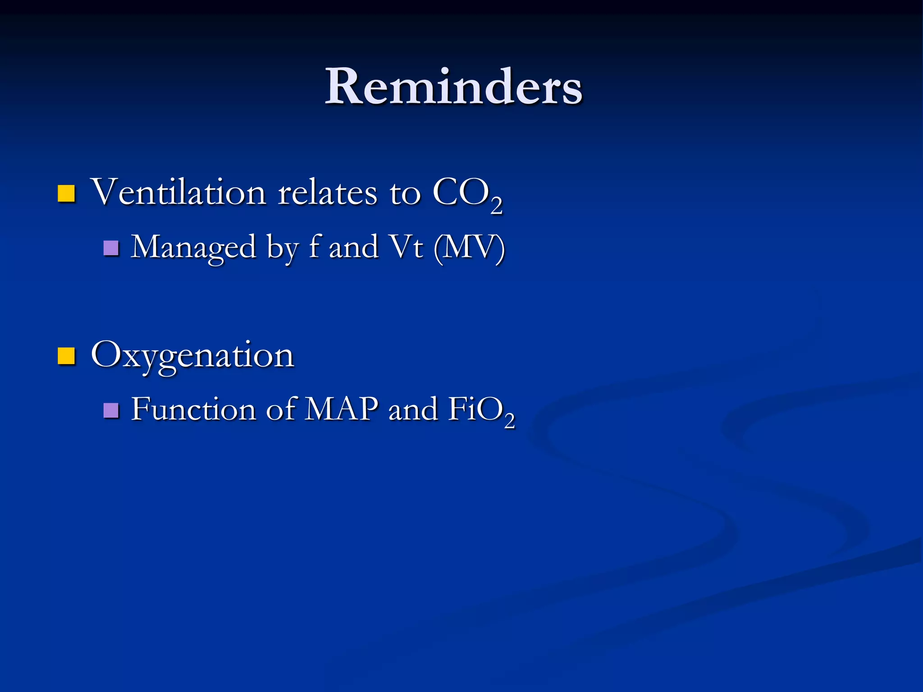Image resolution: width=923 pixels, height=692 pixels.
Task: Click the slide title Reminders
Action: point(453,86)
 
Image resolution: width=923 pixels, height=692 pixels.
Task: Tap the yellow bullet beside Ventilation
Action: point(66,194)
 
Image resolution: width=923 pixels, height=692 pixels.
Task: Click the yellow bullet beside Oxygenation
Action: point(66,356)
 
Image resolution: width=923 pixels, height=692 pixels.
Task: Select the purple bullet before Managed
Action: point(111,248)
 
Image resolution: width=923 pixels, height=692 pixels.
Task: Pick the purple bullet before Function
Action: point(111,410)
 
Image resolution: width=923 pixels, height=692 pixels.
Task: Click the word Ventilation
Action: point(178,192)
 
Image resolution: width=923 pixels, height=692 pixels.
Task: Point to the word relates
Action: point(327,192)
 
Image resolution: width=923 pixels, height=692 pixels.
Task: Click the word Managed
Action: point(193,248)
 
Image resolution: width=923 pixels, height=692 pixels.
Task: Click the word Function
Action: point(193,410)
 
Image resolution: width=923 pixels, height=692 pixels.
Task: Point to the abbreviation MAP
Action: point(341,410)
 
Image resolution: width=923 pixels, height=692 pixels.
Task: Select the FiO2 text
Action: point(480,411)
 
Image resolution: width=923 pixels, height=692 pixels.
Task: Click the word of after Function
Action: point(280,410)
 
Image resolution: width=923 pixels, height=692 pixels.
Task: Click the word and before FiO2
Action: point(413,410)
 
